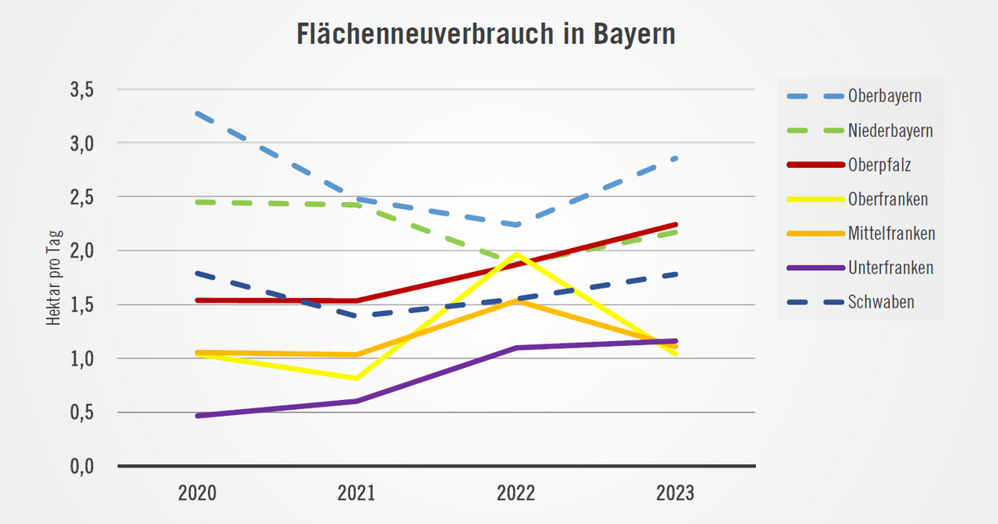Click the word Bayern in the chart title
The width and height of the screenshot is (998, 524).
pos(635,35)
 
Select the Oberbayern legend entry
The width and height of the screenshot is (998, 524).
pos(885,96)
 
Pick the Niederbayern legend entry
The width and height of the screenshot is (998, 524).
pos(890,131)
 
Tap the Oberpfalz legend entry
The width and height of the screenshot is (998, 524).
pos(880,165)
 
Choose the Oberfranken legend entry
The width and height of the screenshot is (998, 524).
pos(888,200)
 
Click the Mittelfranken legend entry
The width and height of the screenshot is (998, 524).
pos(892,234)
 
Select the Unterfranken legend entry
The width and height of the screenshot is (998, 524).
pos(891,268)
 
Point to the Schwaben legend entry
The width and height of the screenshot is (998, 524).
pos(882,302)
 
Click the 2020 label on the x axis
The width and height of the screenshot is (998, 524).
pos(197,493)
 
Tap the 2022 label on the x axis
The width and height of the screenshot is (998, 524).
pos(516,493)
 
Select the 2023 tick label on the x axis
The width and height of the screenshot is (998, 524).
pos(674,493)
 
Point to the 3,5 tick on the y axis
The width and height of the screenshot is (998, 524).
pos(82,89)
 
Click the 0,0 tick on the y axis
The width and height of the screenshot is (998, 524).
pos(82,467)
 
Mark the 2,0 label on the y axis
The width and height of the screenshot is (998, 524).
pos(82,251)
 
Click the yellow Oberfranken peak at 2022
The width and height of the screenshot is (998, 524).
pos(516,254)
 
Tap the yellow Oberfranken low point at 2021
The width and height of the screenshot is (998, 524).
pos(356,378)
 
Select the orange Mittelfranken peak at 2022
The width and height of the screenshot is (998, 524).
pos(516,300)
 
